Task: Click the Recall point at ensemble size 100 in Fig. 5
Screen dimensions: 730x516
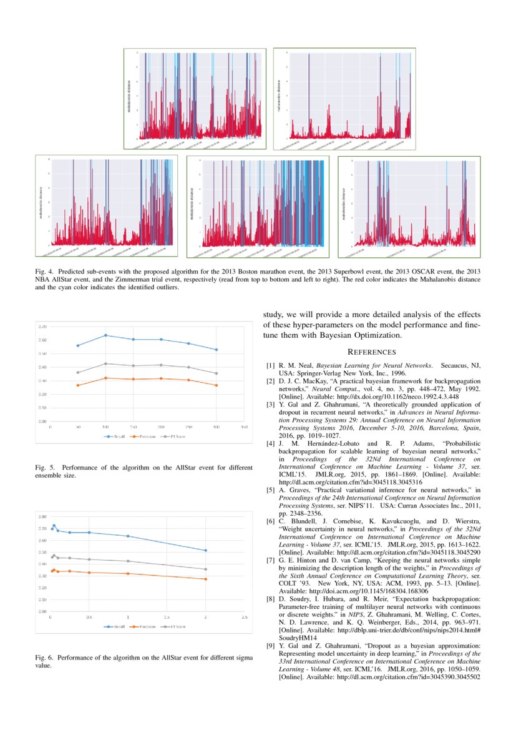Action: pos(105,335)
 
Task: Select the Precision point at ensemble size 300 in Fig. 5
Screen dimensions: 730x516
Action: pos(217,385)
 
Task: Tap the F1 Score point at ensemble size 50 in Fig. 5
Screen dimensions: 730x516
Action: pos(77,372)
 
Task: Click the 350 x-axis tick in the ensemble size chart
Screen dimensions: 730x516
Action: pos(244,428)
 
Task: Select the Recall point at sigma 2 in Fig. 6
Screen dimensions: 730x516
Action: pos(206,550)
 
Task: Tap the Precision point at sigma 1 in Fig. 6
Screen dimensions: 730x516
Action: pos(128,573)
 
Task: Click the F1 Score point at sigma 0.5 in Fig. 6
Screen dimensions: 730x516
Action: pos(89,560)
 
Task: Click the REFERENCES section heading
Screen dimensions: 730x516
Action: pos(371,352)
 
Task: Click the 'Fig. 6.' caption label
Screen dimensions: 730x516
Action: pos(44,658)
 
